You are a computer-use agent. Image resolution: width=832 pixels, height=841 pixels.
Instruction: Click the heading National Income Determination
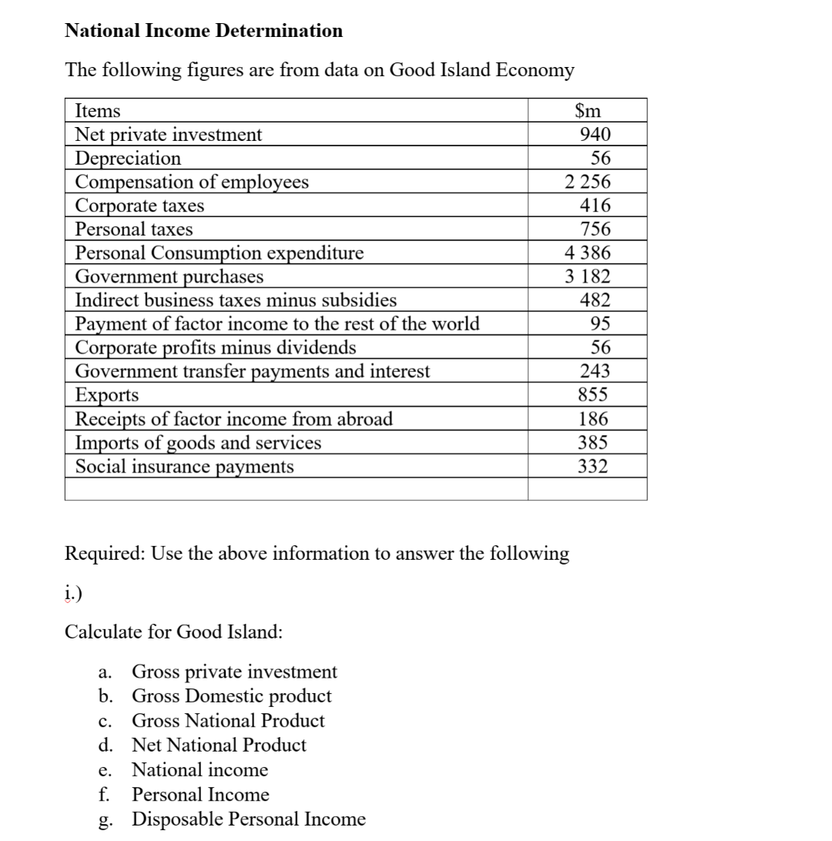click(204, 31)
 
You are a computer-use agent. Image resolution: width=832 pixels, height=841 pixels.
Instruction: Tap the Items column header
click(97, 111)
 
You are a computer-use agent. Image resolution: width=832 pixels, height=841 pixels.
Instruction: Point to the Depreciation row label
click(128, 159)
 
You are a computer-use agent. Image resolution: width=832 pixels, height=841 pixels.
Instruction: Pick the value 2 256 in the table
click(587, 183)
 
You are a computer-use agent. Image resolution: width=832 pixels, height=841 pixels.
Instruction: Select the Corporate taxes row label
click(139, 206)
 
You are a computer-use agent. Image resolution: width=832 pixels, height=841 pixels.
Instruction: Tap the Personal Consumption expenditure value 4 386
click(587, 253)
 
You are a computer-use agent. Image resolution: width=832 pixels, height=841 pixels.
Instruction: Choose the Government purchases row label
click(169, 276)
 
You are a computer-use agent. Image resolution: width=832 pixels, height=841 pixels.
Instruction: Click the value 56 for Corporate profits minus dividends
click(599, 347)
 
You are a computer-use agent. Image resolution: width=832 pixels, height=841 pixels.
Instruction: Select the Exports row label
click(107, 395)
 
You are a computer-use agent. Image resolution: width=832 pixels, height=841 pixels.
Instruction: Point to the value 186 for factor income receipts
click(595, 419)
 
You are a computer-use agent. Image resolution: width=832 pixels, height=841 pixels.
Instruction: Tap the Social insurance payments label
click(184, 467)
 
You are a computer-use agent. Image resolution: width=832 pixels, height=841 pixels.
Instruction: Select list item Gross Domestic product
click(232, 696)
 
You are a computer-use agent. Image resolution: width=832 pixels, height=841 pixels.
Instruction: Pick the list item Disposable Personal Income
click(249, 819)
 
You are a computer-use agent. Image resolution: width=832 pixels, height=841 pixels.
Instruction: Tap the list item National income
click(200, 770)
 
